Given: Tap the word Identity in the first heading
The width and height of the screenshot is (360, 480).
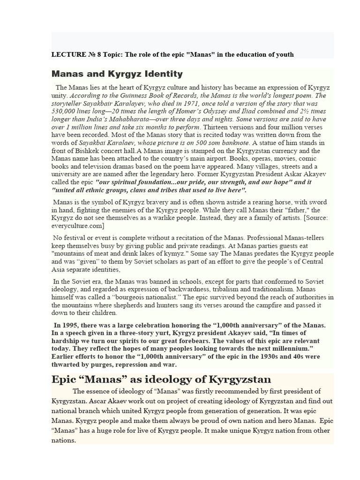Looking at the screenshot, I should pos(160,74).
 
